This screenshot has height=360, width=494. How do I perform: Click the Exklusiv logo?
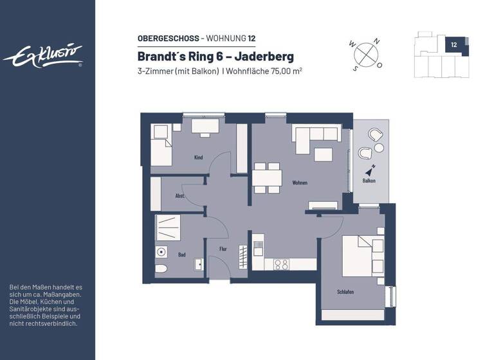pyautogui.click(x=43, y=56)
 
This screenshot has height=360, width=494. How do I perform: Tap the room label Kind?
pyautogui.click(x=198, y=157)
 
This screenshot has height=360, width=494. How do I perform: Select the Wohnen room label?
pyautogui.click(x=299, y=183)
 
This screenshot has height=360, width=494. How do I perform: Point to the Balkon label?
pyautogui.click(x=369, y=181)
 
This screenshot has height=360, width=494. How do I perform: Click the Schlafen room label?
pyautogui.click(x=345, y=292)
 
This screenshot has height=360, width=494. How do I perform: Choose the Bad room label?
pyautogui.click(x=182, y=255)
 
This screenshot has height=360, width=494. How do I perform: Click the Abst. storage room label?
pyautogui.click(x=181, y=195)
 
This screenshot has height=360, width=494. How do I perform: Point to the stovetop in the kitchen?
pyautogui.click(x=281, y=264)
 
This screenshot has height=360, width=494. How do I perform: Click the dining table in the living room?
pyautogui.click(x=267, y=177)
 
